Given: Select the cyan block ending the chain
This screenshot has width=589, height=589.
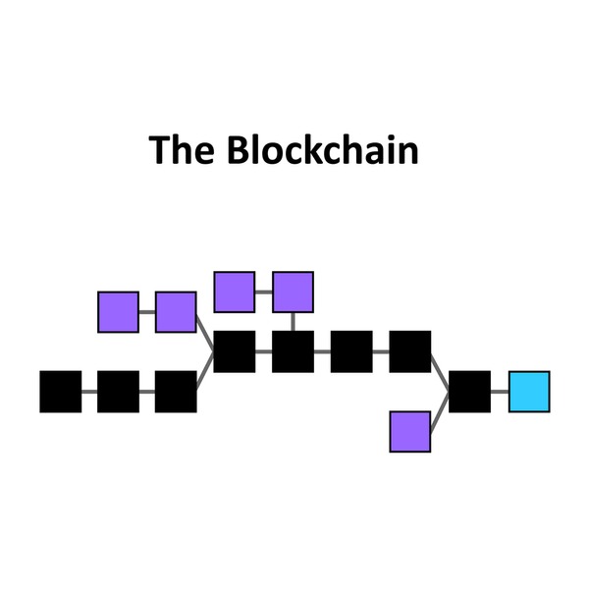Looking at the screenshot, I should [x=528, y=392].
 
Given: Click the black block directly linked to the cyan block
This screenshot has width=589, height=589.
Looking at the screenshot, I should [x=469, y=392].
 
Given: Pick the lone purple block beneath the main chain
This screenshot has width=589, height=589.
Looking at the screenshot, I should [x=410, y=431].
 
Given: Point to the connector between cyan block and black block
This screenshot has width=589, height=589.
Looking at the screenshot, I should [x=500, y=392].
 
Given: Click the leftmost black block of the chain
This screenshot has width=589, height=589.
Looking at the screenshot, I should [x=60, y=392].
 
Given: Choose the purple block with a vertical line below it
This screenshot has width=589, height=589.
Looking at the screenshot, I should [x=293, y=292].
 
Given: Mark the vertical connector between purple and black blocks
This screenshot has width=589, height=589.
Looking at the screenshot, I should [x=293, y=321].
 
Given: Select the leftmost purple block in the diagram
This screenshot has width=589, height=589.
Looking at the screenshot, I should [x=118, y=312].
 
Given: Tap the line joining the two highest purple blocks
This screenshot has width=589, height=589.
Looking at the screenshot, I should [x=263, y=292].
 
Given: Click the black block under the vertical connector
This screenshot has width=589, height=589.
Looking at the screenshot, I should [x=293, y=351].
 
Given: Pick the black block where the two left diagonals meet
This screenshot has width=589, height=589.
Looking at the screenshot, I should [x=234, y=351].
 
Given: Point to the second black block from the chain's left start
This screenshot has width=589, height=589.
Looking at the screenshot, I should [x=118, y=392].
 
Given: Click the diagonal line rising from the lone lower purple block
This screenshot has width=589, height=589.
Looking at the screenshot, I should [x=440, y=411].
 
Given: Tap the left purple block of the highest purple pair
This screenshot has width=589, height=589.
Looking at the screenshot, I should [x=234, y=292].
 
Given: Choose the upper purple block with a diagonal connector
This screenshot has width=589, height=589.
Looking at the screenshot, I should [x=176, y=312].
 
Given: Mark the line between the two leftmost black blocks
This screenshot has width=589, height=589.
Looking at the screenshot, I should [x=89, y=392].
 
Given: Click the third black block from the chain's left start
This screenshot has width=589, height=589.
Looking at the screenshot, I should [x=176, y=392].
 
